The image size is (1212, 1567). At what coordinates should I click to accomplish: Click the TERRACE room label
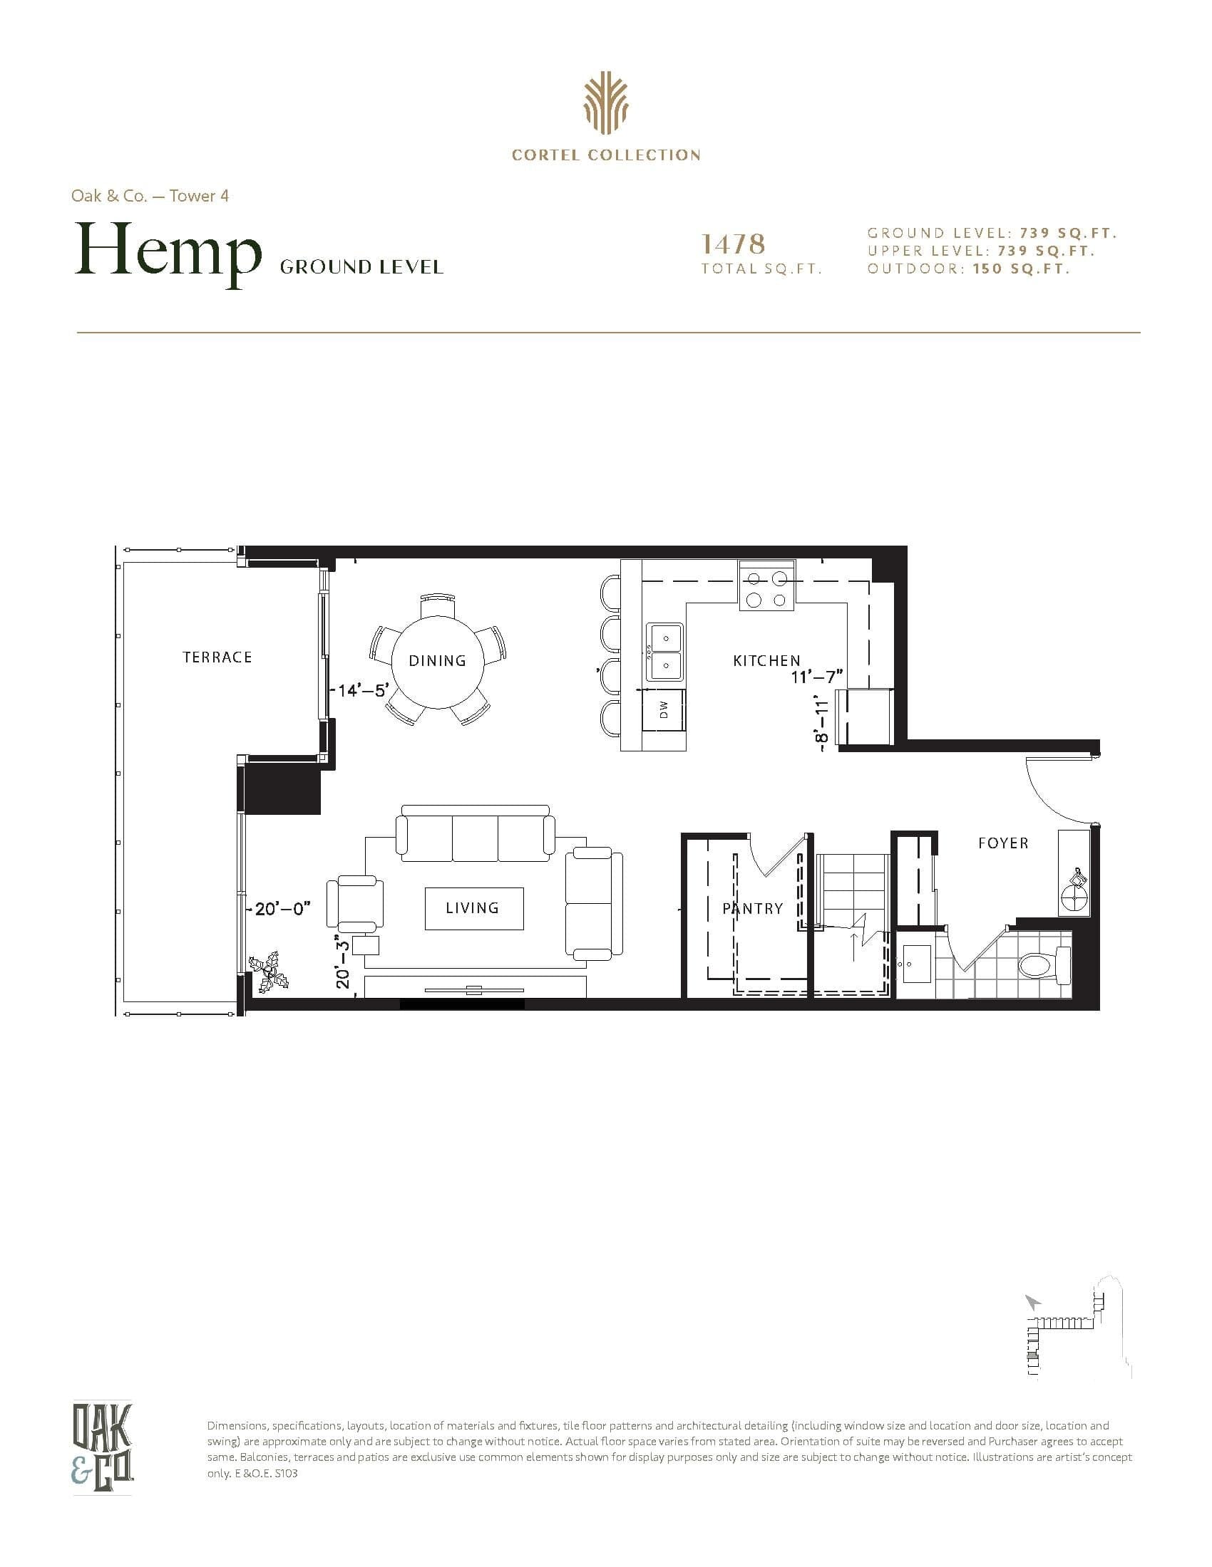click(x=217, y=657)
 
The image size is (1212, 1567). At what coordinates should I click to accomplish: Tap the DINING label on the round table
click(x=437, y=661)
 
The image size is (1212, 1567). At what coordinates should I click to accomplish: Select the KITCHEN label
click(x=766, y=661)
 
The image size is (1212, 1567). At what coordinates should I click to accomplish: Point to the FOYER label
click(x=1003, y=843)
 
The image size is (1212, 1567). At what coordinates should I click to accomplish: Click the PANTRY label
click(x=752, y=908)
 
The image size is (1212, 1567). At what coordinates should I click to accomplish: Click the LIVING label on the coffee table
click(x=473, y=907)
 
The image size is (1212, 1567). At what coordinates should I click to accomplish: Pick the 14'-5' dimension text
click(x=364, y=690)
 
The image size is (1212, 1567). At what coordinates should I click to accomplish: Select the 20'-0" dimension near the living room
click(x=282, y=908)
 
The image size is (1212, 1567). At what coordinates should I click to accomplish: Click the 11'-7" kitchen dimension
click(x=816, y=677)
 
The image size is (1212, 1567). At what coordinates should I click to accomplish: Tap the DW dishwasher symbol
click(x=664, y=709)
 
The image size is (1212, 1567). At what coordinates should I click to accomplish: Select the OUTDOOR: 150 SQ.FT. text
click(x=969, y=269)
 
